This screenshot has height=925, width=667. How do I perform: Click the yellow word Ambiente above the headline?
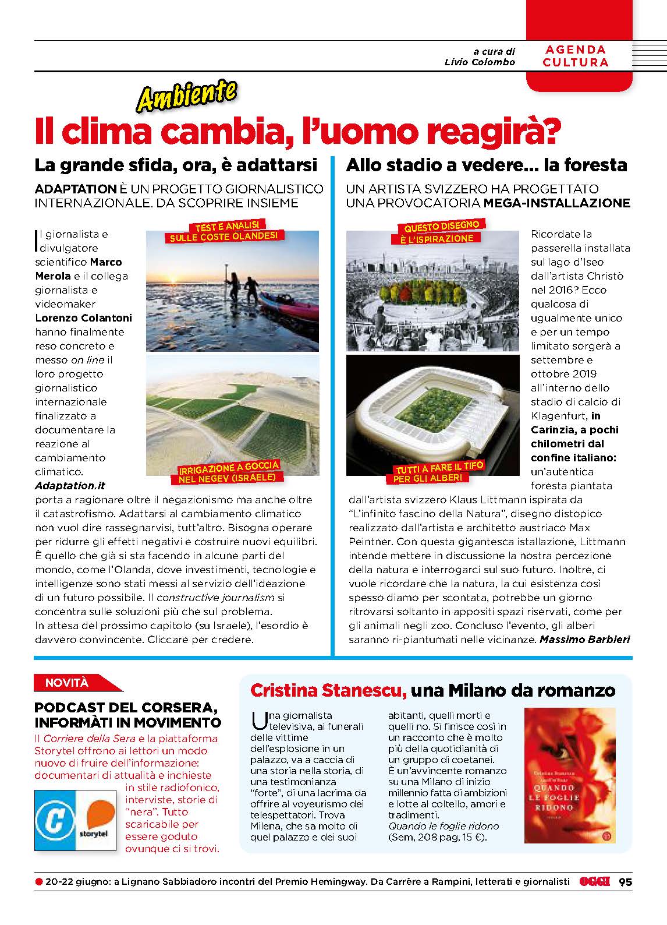pyautogui.click(x=186, y=96)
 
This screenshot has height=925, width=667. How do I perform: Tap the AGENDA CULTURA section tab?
pyautogui.click(x=575, y=57)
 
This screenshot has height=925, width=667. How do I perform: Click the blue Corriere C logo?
pyautogui.click(x=54, y=821)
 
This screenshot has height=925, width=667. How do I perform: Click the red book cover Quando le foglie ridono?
pyautogui.click(x=569, y=775)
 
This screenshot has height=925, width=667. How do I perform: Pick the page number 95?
pyautogui.click(x=625, y=882)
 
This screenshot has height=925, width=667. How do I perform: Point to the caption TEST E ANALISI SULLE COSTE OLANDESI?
pyautogui.click(x=224, y=231)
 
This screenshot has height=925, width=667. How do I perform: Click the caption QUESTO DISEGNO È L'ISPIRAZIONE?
pyautogui.click(x=441, y=232)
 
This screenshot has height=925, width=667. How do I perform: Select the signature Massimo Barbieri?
pyautogui.click(x=585, y=639)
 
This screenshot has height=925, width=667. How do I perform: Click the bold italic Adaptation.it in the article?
pyautogui.click(x=70, y=485)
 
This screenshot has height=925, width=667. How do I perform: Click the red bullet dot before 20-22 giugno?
pyautogui.click(x=39, y=882)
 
